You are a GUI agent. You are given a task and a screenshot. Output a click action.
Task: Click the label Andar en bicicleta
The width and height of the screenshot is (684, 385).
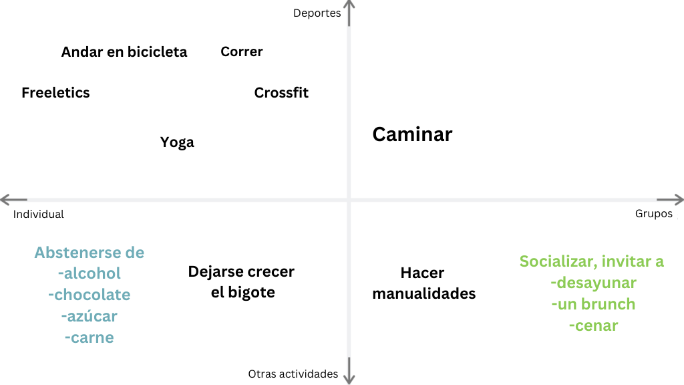pyautogui.click(x=124, y=52)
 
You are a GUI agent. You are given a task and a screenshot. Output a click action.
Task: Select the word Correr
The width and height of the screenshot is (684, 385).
pyautogui.click(x=242, y=51)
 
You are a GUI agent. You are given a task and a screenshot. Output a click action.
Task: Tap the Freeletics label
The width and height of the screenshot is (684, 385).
pyautogui.click(x=55, y=93)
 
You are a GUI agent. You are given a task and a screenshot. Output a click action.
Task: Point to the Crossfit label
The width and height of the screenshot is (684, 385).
pyautogui.click(x=281, y=93)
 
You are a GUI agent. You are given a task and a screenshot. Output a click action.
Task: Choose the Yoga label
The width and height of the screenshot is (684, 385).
pyautogui.click(x=177, y=142)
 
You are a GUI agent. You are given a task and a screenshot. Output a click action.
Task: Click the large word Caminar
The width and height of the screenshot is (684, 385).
pyautogui.click(x=412, y=134)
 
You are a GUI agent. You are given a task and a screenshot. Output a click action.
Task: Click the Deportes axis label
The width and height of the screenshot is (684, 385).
pyautogui.click(x=317, y=13)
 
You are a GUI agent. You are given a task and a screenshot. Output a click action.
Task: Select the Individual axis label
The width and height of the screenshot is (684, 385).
pyautogui.click(x=39, y=215)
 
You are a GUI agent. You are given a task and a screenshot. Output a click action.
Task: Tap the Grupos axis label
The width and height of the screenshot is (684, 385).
pyautogui.click(x=654, y=214)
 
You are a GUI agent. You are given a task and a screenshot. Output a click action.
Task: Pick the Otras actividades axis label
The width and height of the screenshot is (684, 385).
pyautogui.click(x=293, y=374)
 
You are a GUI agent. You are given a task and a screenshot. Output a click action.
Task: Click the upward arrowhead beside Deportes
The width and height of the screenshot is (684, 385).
pyautogui.click(x=349, y=6)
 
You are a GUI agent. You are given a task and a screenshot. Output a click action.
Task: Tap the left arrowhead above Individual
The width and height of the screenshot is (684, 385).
pyautogui.click(x=7, y=199)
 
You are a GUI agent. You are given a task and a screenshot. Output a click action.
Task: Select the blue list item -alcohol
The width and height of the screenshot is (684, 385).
pyautogui.click(x=90, y=273)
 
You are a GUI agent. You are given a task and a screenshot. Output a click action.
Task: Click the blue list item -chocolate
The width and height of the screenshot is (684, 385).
pyautogui.click(x=90, y=295)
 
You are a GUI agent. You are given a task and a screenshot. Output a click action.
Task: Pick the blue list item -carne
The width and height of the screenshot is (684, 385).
pyautogui.click(x=90, y=338)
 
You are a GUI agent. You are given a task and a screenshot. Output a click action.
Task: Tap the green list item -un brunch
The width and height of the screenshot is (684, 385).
pyautogui.click(x=593, y=304)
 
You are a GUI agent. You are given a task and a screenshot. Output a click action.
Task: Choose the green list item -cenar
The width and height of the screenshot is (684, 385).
pyautogui.click(x=593, y=326)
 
